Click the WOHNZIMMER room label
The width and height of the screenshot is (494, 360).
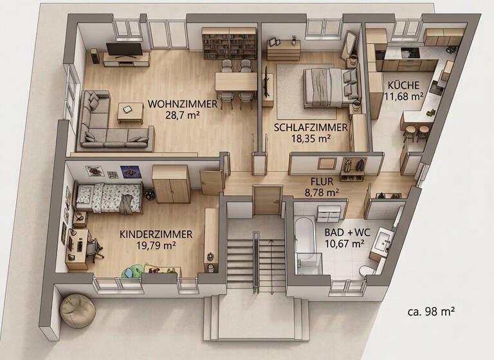coord(173,104)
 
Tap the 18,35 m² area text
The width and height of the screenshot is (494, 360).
coord(302,138)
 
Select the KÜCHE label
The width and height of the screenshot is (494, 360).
coord(403,85)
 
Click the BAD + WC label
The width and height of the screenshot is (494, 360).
coord(345,231)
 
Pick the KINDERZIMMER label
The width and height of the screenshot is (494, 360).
coord(148,233)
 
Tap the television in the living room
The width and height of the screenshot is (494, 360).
coord(124,50)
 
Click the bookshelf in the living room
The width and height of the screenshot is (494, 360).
coord(228,44)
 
